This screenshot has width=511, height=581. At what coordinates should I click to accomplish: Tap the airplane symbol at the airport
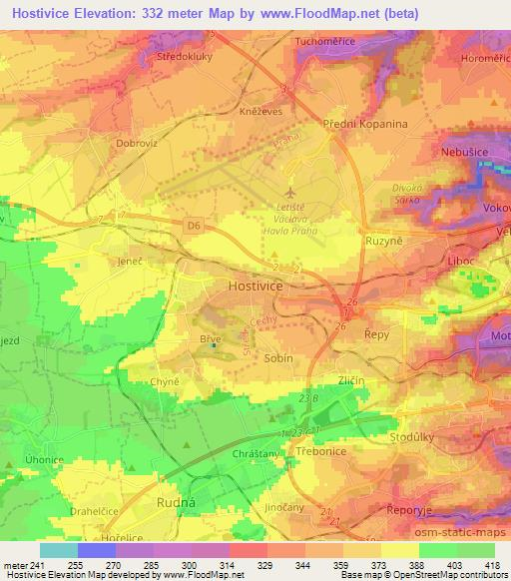click(290, 191)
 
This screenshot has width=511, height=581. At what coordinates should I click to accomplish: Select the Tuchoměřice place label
click(324, 42)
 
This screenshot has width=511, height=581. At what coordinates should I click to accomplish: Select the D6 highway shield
click(193, 228)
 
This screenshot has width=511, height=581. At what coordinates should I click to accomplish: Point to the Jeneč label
click(129, 258)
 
